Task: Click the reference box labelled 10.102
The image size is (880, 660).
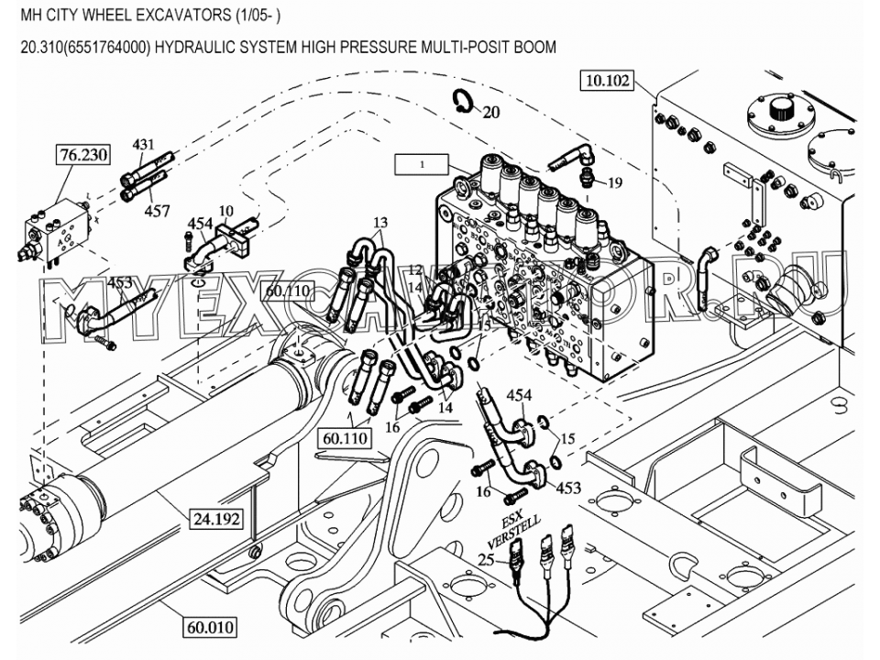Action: point(607,81)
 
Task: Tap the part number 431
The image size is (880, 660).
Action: point(144,145)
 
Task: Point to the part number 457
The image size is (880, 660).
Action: point(158,212)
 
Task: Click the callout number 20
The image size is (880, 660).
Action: point(491,114)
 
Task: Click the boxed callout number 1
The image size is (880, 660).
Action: point(421,165)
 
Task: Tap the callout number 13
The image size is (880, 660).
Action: point(380,223)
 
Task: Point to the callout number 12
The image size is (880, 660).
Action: point(415,269)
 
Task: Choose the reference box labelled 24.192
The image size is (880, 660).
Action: point(216,519)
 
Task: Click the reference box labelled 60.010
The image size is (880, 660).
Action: point(211,628)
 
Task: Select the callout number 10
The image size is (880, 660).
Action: point(225,212)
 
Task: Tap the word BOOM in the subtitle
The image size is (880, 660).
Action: point(534,47)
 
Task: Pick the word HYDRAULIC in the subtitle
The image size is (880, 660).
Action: point(193,47)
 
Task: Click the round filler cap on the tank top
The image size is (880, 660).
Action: point(782,111)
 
